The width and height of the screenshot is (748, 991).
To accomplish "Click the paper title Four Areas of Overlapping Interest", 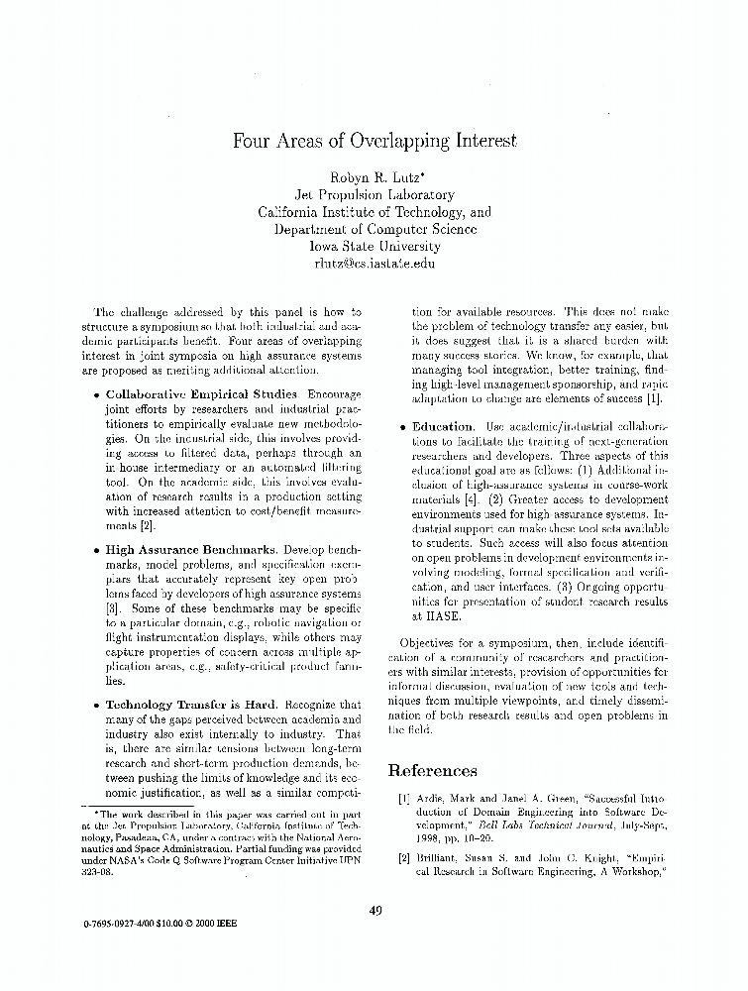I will click(x=374, y=141).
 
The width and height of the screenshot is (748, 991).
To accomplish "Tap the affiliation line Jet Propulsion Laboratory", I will click(x=374, y=195).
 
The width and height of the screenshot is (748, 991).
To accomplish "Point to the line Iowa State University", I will click(x=374, y=246).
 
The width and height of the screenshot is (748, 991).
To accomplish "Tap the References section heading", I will click(x=432, y=771).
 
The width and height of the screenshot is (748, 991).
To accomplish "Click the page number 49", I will click(x=374, y=912).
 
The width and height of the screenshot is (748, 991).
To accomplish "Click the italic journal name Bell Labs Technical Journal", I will click(x=533, y=825).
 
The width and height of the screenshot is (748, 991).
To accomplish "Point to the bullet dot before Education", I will click(x=403, y=428).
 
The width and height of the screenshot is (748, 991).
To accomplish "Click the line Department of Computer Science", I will click(x=374, y=229).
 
